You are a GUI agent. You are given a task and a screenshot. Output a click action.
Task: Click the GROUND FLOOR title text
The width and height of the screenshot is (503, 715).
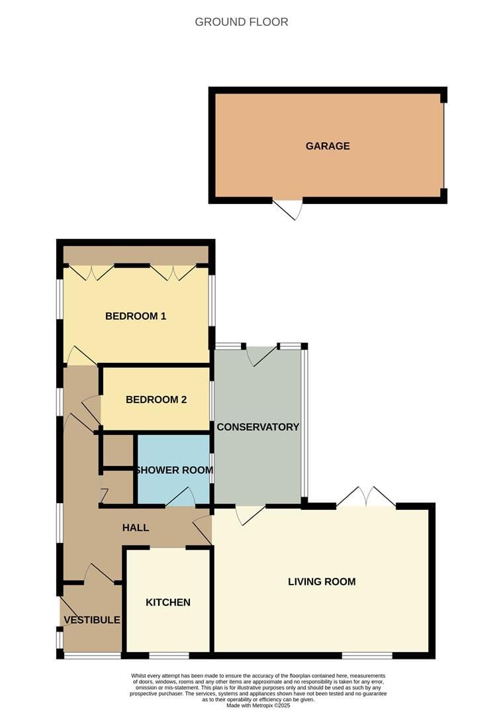pos(242,22)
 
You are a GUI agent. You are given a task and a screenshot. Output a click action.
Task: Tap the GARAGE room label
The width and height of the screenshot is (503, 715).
pos(328,146)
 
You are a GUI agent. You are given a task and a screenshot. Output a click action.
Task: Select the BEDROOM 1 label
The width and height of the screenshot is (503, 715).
pos(136,316)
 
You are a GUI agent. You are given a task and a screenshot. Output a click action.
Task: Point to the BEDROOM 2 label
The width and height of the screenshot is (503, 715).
pos(156,399)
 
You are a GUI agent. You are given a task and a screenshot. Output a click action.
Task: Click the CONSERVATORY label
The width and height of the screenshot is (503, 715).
pos(258,427)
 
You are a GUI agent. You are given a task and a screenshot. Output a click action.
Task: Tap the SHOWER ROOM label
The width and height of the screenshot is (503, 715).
pos(175,470)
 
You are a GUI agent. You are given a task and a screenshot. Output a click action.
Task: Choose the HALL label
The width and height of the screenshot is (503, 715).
pos(136,528)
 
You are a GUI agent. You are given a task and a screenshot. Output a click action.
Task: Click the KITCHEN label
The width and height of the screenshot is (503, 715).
pos(168,602)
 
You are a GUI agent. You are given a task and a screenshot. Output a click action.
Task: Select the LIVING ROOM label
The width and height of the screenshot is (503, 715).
pos(322,582)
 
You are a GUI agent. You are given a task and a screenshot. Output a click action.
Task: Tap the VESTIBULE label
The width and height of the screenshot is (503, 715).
pos(92,620)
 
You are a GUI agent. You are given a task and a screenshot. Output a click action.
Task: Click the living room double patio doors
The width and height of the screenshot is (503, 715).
pos(366,497)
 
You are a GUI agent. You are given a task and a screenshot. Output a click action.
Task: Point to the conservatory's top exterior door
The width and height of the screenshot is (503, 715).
pos(261,356)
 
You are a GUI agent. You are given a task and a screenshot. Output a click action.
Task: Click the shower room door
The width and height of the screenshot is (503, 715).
pos(180,497)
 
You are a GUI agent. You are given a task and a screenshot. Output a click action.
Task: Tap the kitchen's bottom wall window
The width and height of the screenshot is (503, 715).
pos(169,655)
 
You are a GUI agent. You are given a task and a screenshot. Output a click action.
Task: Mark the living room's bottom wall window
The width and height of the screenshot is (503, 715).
pos(367,655)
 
